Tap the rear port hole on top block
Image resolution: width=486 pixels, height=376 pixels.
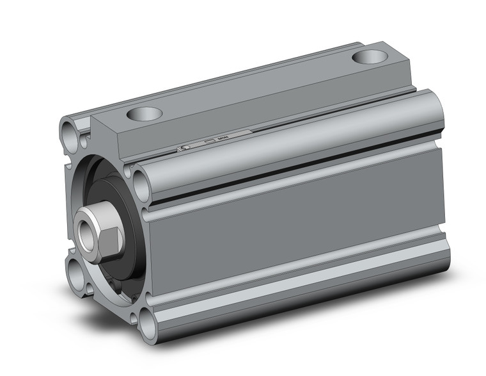370,56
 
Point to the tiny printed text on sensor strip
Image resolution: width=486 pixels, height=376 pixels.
223,138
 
